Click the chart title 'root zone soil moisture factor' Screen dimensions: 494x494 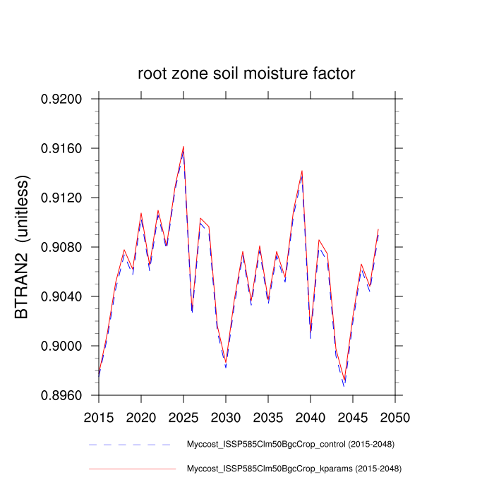coord(246,74)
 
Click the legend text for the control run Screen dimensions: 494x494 coord(289,445)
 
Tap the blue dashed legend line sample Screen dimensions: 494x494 coord(131,445)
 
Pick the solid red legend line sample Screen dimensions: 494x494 coord(131,468)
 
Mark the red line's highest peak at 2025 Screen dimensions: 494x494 coord(183,147)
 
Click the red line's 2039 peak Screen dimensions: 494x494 coord(302,171)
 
